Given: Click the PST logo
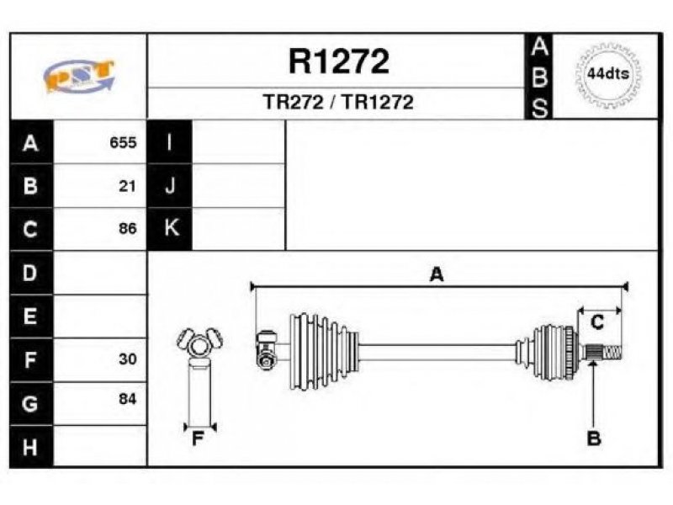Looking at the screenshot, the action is point(79,76).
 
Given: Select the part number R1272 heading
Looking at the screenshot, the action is point(339,61).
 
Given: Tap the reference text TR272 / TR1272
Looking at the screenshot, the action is point(338,102).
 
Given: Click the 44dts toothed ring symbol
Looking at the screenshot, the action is point(608,75).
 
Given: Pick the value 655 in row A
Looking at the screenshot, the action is point(123,142).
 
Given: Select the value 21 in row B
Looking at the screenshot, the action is point(128,186).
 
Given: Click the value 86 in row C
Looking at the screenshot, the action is point(128,228).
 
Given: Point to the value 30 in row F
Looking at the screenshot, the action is point(128,359).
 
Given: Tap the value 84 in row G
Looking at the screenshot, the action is point(128,399).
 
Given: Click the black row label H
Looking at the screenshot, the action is point(31,447).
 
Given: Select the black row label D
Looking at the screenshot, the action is point(31,273).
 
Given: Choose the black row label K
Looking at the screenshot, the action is point(170,228).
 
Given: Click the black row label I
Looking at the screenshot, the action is point(170,142).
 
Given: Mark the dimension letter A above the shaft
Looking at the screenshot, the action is point(437,274).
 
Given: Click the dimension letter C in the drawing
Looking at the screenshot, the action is point(597,322).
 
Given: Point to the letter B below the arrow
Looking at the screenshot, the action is point(594,439).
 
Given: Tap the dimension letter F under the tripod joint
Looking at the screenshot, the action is point(198,439).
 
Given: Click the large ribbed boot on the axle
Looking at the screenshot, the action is point(324,352).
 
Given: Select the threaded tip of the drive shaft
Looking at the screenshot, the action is point(612,353).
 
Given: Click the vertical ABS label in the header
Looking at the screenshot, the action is point(539,77).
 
